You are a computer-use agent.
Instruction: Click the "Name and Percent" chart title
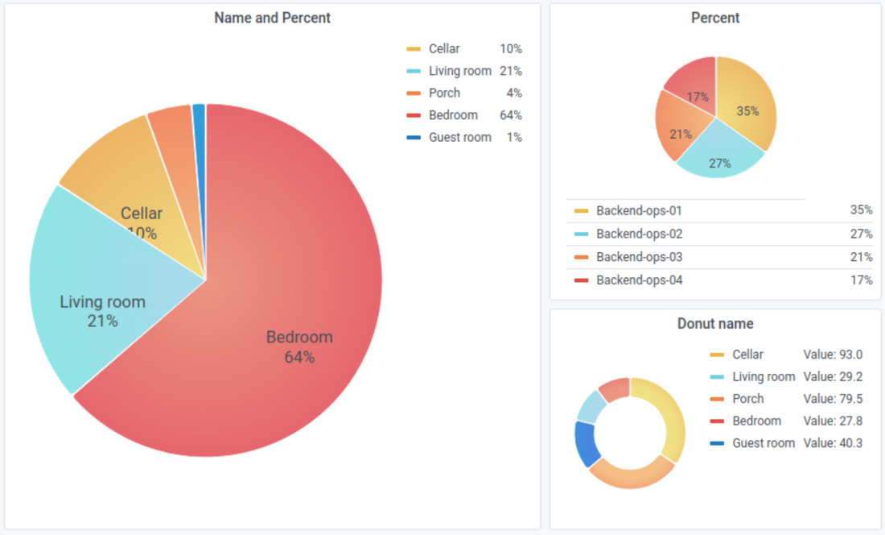pos(272,18)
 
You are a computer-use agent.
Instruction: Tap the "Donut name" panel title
pos(715,324)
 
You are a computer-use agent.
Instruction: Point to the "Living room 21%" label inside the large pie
pos(102,311)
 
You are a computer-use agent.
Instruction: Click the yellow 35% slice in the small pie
pos(747,109)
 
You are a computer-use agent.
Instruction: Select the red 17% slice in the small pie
pos(692,85)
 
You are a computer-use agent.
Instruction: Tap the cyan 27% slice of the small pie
pos(719,157)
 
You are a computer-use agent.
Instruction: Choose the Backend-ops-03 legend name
pos(639,257)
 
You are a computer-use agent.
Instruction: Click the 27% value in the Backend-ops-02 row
pos(861,234)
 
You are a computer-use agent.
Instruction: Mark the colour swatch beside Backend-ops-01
pos(581,211)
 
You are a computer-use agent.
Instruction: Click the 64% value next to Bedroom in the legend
pos(510,115)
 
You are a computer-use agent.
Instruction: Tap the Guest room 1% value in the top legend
pos(514,138)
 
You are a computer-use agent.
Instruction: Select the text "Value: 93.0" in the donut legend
pos(833,355)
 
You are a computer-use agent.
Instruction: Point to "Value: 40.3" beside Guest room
pos(833,443)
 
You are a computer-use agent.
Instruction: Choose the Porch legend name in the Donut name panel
pos(748,399)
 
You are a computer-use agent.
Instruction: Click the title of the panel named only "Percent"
pos(715,18)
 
